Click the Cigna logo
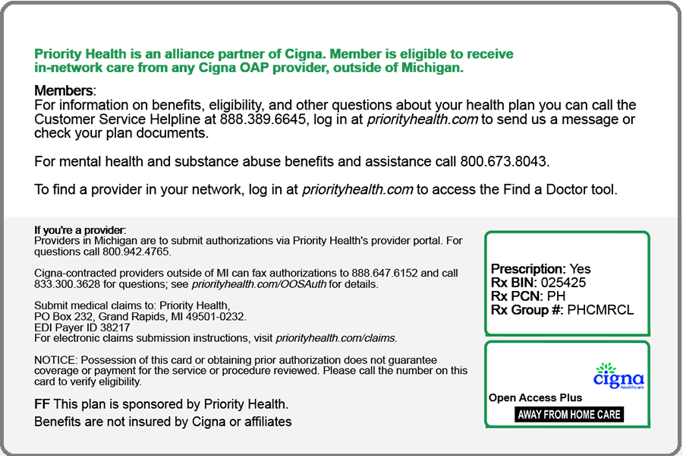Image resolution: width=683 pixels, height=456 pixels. [618, 377]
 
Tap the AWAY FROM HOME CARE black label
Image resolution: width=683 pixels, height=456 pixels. [569, 414]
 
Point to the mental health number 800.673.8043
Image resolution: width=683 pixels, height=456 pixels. [504, 161]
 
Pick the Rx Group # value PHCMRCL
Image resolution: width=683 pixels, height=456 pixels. [600, 309]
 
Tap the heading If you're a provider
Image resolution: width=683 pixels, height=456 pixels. [80, 230]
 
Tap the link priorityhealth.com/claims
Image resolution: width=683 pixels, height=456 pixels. [335, 338]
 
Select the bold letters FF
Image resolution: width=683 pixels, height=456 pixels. [42, 404]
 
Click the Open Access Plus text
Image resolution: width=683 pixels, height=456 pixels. [536, 397]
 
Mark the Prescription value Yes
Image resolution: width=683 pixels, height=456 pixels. [580, 269]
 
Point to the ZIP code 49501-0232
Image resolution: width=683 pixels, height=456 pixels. [212, 316]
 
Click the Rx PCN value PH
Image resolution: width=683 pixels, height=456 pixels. [556, 296]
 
